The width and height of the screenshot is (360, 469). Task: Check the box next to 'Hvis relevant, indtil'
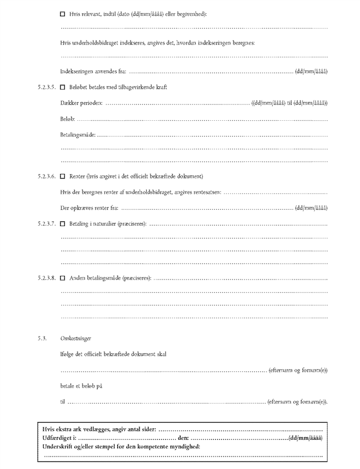coord(63,13)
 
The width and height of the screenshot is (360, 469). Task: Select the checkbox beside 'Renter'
coord(63,176)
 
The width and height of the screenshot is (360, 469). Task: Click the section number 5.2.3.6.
coord(47,176)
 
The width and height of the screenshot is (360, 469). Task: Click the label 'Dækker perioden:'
coord(81,103)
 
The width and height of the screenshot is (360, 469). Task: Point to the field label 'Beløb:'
coord(67,119)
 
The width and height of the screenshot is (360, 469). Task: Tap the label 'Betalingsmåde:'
coord(78,134)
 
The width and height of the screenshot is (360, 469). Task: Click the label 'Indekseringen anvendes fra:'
coord(93,71)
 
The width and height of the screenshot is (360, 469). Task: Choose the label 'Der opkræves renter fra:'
coord(89,208)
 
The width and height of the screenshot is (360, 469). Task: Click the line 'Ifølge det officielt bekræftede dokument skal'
coord(113,354)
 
